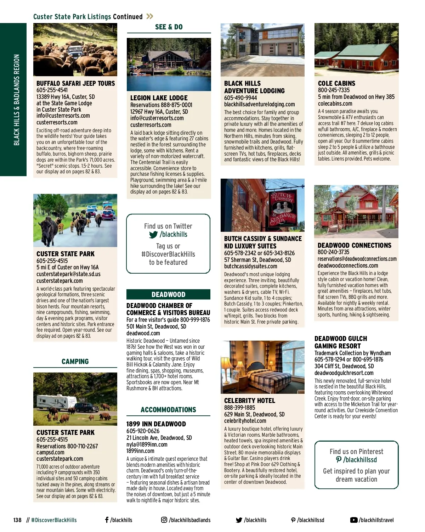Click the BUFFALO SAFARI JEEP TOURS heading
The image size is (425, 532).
pos(75,83)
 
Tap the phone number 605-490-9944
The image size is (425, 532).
pos(240,97)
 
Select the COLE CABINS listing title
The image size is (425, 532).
pos(336,83)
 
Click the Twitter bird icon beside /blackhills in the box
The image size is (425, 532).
pos(153,235)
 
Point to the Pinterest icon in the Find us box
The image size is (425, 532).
pos(339,460)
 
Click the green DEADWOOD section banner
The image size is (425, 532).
pos(168,295)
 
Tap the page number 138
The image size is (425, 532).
pos(17,520)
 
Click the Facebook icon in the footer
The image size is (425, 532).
pos(107,520)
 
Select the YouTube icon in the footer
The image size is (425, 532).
pos(353,520)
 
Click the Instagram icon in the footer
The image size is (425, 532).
pos(164,520)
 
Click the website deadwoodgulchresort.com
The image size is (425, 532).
pos(344,373)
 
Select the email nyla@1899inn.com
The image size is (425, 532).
pos(147,444)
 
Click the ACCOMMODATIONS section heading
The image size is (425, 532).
pos(168,410)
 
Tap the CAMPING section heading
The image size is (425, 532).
pos(75,362)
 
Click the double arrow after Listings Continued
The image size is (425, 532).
pos(150,16)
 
